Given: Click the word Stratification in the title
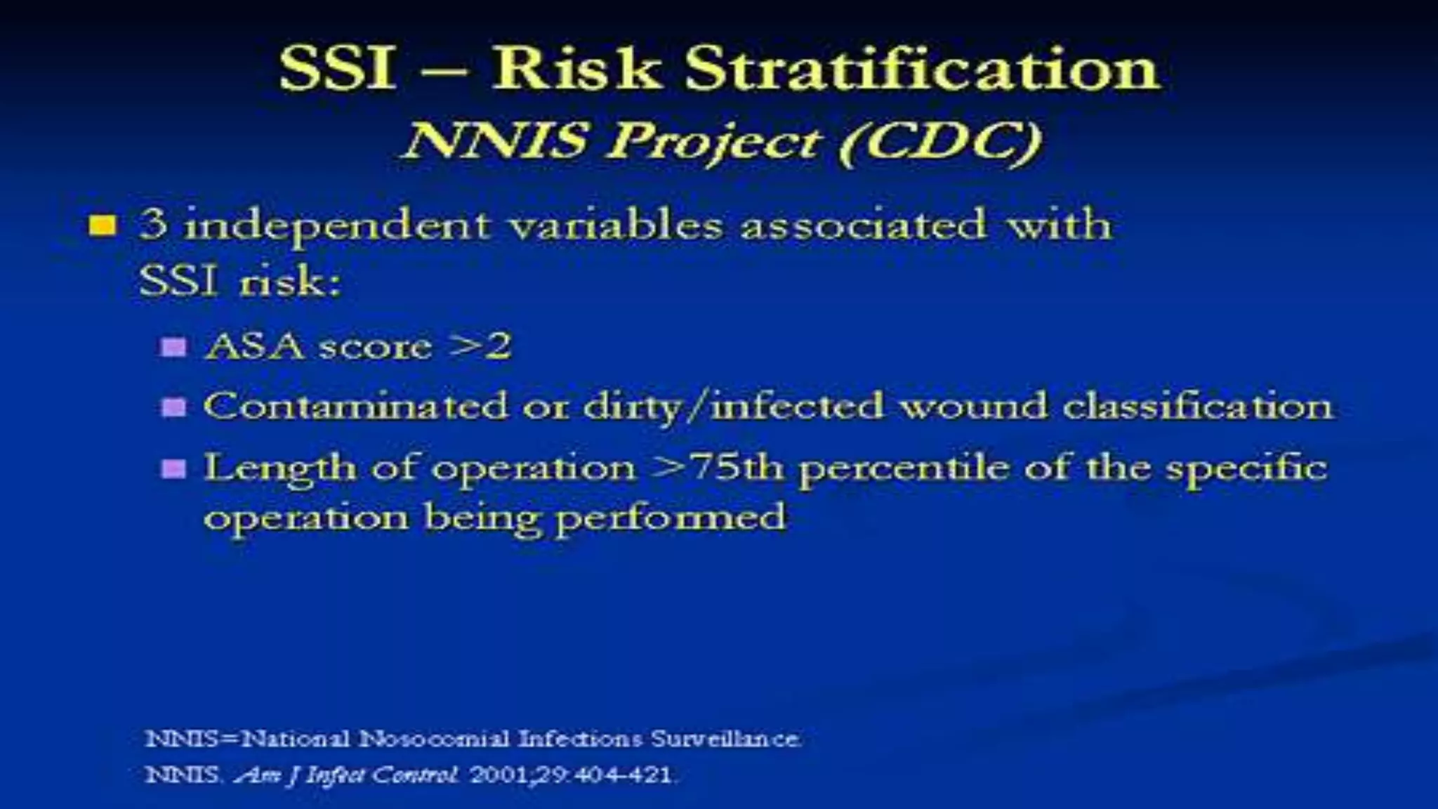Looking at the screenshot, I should coord(922,69).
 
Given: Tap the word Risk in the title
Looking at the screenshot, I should coord(576,69).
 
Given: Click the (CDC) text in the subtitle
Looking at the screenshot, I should coord(941,143).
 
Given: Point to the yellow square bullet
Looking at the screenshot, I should coord(103,226).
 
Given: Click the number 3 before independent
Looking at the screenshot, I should coord(153,225).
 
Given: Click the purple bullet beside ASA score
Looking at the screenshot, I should coord(173,347).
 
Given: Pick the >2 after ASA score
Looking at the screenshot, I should coord(481,346).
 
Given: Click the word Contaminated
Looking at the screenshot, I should coord(355,406).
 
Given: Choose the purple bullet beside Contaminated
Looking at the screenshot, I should coord(173,407).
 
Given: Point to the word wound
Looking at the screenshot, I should coord(973,407).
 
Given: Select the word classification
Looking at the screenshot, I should coord(1197,406).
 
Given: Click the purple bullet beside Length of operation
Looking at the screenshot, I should coord(173,468).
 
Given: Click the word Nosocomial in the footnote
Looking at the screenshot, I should coord(434,739).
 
